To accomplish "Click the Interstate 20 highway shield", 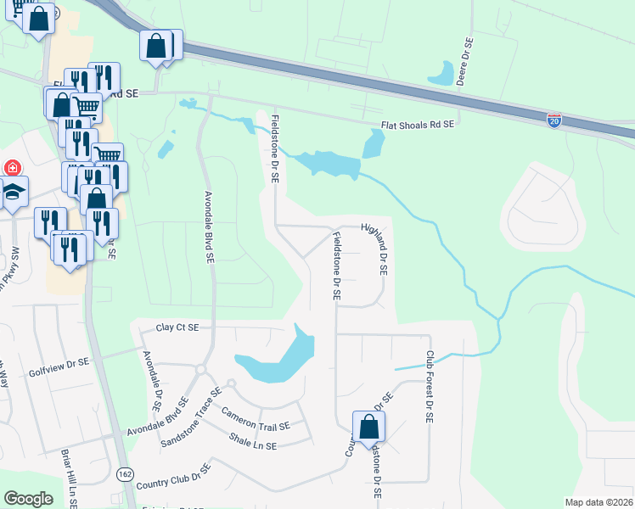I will (554, 122).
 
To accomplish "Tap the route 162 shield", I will (125, 473).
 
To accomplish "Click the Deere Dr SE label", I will (465, 55).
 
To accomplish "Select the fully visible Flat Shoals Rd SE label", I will (418, 125).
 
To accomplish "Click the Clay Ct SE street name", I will (177, 327).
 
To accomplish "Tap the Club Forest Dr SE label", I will (430, 389).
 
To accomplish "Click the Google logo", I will (28, 499).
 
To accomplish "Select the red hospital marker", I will (12, 168).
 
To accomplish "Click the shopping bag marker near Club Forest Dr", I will (368, 426).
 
